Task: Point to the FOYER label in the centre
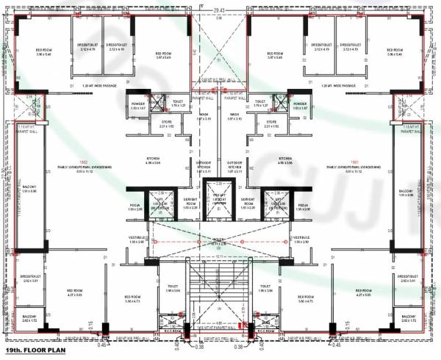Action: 219,239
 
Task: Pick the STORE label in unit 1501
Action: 271,123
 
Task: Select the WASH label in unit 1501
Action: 234,116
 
